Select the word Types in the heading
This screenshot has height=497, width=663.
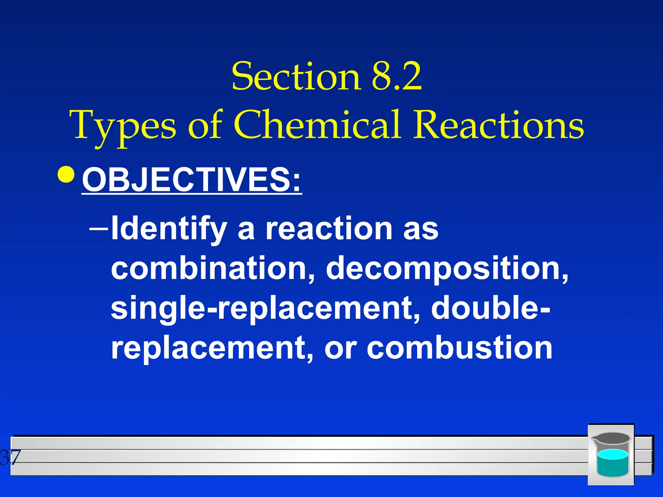[125, 126]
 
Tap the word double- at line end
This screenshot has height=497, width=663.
[490, 307]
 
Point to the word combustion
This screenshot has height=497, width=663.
[460, 348]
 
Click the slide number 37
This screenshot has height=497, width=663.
[10, 458]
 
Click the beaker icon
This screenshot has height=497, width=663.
[611, 455]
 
